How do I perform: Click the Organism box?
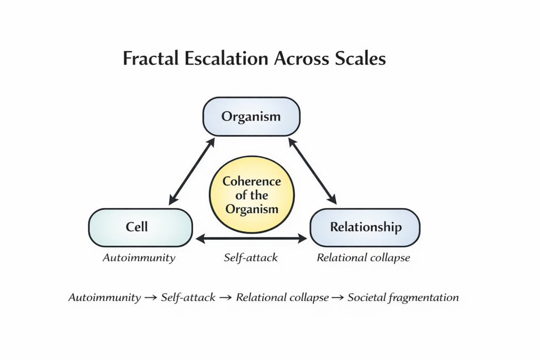(x=251, y=116)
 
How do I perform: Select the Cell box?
(x=140, y=227)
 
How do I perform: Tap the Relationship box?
(x=365, y=227)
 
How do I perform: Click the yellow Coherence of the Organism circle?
(x=252, y=195)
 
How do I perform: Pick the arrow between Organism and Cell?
(x=191, y=171)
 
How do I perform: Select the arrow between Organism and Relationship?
(x=312, y=171)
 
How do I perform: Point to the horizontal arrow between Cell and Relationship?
(x=251, y=239)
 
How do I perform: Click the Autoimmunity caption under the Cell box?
(x=139, y=258)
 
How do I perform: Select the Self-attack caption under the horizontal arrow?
(x=250, y=258)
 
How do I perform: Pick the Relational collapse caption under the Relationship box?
(x=363, y=258)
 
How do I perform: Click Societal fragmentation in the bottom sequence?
(x=403, y=297)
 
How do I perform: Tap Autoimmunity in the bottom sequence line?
(x=104, y=297)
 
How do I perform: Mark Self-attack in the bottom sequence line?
(x=188, y=297)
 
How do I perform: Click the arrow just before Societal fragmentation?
(x=337, y=298)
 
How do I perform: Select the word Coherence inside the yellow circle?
(x=252, y=182)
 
